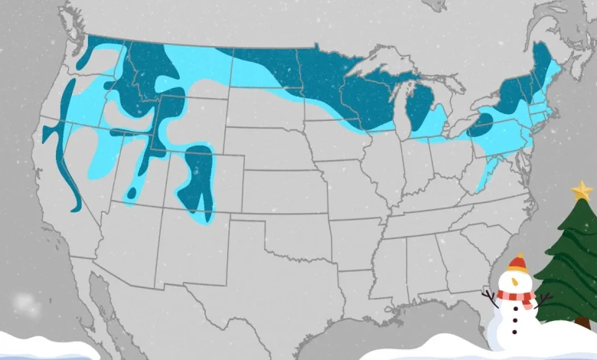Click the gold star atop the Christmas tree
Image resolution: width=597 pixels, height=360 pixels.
(582, 191)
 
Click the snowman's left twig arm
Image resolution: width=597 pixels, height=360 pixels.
(490, 296)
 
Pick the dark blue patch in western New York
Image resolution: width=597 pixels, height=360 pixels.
(481, 123)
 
